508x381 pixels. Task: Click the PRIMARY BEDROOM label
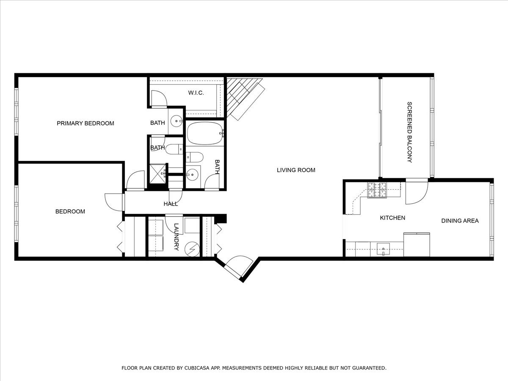coord(86,123)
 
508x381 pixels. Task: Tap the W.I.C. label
coord(196,93)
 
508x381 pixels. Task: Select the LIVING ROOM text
coord(296,170)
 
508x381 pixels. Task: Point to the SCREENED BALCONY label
coord(409,132)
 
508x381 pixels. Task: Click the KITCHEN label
coord(392,218)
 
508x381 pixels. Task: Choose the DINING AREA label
coord(460,221)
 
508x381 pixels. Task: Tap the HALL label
coord(171,204)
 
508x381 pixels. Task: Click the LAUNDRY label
coord(177,237)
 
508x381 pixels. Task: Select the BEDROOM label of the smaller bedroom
coord(70,211)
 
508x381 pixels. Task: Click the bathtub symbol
coord(205,133)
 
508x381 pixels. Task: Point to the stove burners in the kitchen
coord(377,190)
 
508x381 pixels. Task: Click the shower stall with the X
coord(157,174)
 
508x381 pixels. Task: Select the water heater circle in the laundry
coord(192,249)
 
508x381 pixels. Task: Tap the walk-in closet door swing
coord(159,99)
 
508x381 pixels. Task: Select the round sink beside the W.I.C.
coord(177,121)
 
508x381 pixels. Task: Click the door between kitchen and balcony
coord(417,191)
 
